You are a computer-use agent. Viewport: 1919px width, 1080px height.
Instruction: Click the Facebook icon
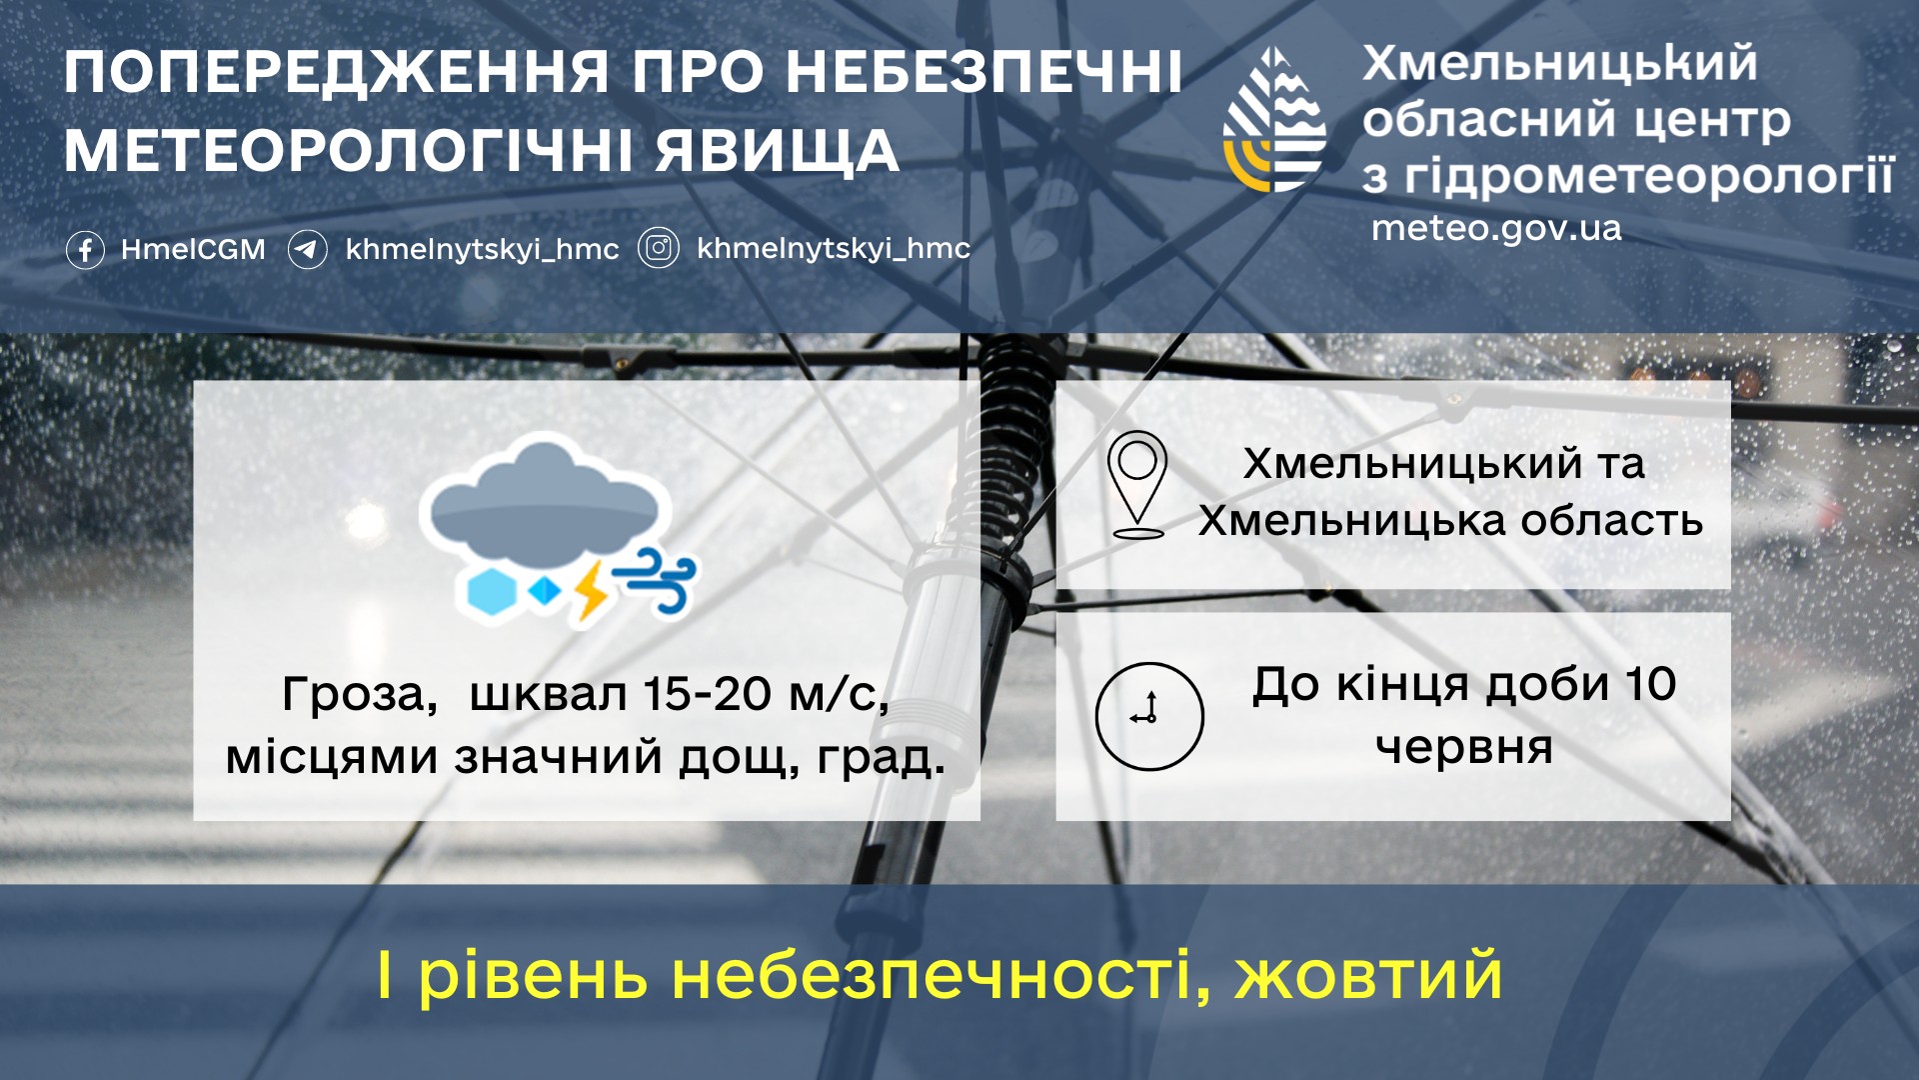85,249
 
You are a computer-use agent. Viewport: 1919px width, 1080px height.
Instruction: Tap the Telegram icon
308,249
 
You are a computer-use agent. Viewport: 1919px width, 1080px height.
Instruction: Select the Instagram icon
659,248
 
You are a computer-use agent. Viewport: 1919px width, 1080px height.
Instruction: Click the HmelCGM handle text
193,249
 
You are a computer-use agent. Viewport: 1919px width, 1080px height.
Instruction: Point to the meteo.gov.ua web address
1496,229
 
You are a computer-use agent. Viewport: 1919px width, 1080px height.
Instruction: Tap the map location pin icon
1137,485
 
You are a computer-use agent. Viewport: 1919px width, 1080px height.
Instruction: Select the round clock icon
1149,716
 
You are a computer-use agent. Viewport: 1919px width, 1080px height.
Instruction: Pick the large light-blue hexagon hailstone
492,592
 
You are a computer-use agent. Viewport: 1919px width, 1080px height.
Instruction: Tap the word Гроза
360,695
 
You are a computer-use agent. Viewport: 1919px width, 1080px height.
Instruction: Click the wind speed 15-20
708,693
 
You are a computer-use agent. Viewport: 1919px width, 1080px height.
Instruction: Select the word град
881,757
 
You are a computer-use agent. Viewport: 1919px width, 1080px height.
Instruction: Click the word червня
1464,747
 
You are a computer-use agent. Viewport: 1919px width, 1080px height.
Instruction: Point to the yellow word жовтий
1369,975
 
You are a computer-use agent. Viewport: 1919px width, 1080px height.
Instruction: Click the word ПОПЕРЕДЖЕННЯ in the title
337,73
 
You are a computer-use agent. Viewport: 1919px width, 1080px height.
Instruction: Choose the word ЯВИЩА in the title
778,152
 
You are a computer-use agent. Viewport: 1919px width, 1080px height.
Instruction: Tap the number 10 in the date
1650,685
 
